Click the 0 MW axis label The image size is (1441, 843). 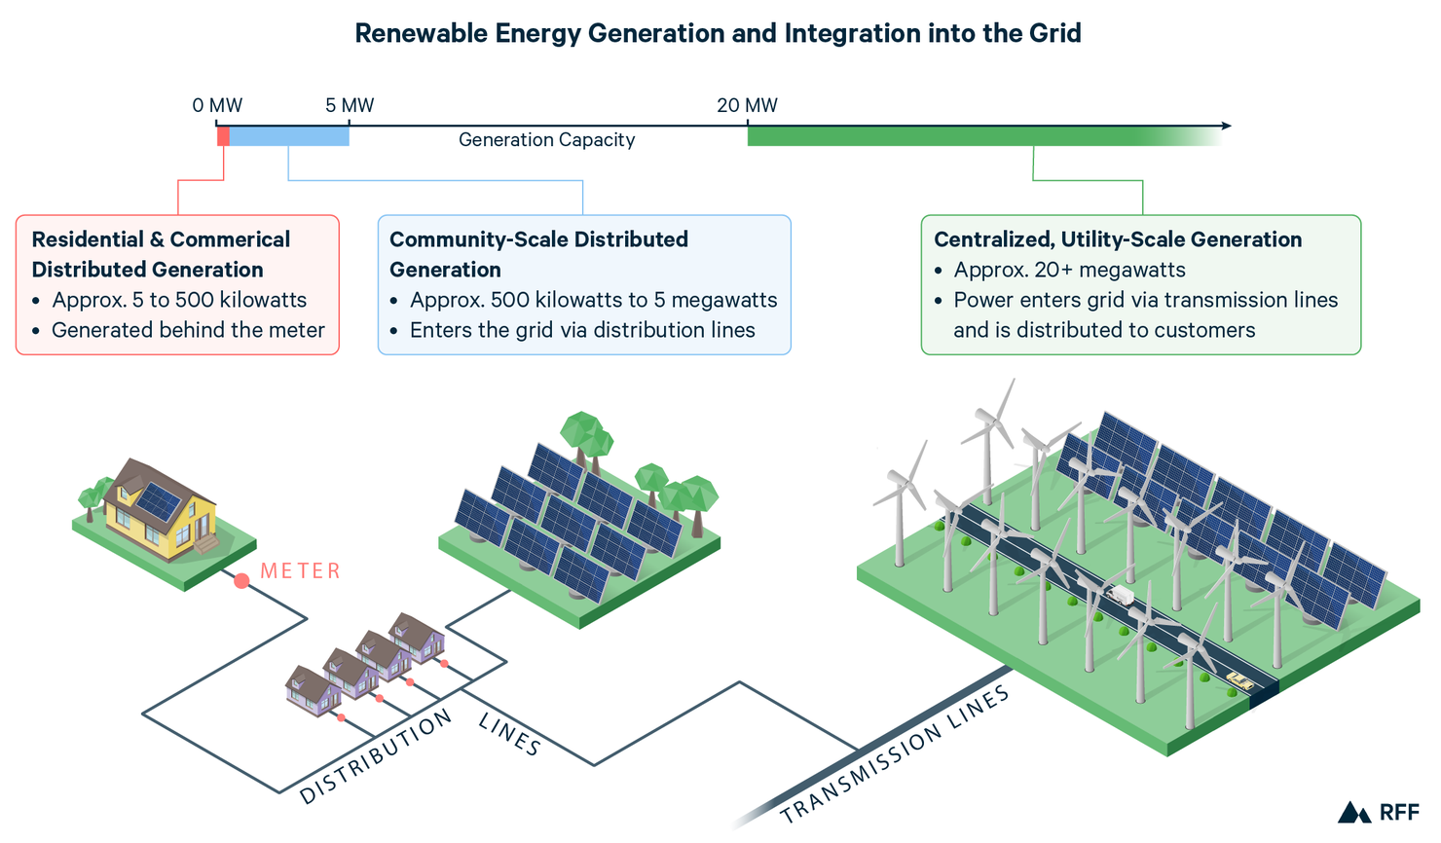217,105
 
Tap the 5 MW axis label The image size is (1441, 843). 350,105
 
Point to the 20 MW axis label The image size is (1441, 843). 747,105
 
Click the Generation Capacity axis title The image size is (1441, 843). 546,140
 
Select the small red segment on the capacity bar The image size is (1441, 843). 223,136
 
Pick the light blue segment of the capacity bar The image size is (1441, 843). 289,136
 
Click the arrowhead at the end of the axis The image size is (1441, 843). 1226,126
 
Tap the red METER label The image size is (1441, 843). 301,571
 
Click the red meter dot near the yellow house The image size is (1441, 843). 241,581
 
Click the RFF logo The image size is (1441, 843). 1379,812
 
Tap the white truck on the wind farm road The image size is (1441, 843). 1122,594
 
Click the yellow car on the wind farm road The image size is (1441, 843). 1238,679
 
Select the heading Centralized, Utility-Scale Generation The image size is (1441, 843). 1117,239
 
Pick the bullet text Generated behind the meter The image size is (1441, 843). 188,330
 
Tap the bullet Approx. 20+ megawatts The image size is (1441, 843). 1069,270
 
